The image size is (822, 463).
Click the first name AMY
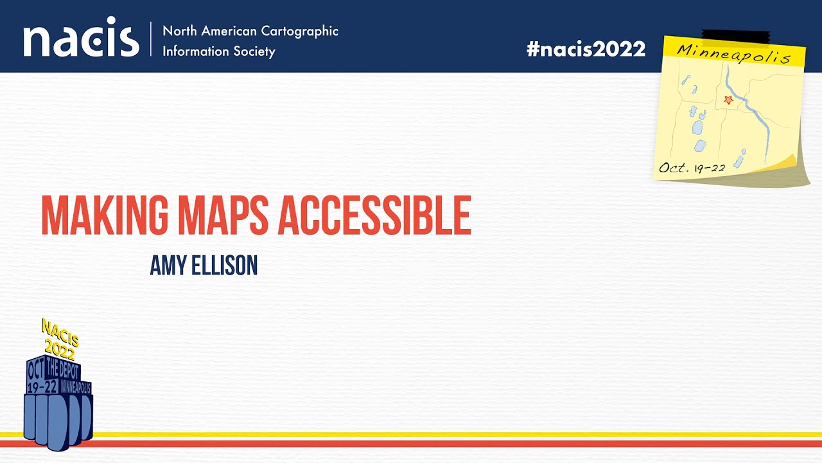[x=166, y=265]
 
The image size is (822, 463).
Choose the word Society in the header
[x=253, y=51]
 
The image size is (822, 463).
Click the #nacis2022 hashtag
[x=586, y=50]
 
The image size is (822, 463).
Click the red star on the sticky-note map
[x=728, y=100]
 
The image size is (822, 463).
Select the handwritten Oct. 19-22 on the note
[x=692, y=168]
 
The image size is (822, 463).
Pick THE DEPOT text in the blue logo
[x=62, y=371]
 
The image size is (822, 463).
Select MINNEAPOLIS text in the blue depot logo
[x=76, y=388]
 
